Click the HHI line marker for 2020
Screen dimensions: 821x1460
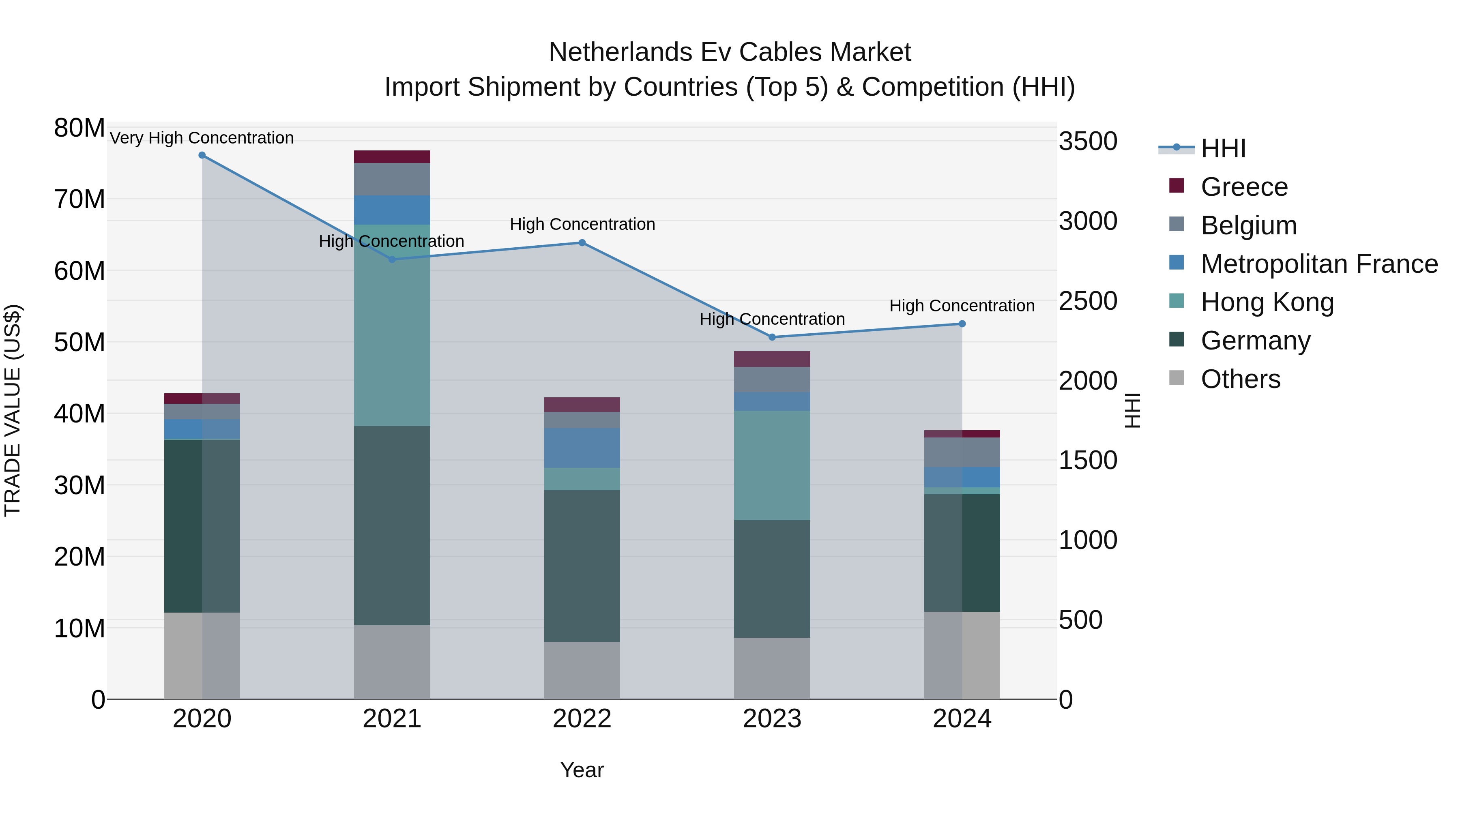(x=202, y=155)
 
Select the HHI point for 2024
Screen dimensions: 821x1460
(x=962, y=324)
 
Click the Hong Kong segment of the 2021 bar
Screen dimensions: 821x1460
(x=392, y=326)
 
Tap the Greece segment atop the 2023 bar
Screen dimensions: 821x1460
(x=771, y=359)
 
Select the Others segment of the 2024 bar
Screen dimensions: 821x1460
(x=962, y=655)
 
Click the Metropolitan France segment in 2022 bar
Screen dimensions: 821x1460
(x=582, y=448)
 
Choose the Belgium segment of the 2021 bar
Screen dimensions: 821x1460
(x=392, y=179)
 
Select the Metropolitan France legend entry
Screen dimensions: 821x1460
(x=1318, y=264)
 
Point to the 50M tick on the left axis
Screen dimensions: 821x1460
(x=79, y=342)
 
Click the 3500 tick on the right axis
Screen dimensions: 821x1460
(x=1088, y=141)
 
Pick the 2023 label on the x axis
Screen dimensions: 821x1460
(x=771, y=719)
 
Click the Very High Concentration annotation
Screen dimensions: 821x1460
(x=202, y=138)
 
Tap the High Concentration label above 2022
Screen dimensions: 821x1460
(x=582, y=224)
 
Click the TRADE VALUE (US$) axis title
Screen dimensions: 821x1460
(x=13, y=410)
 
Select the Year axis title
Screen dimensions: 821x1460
(x=582, y=770)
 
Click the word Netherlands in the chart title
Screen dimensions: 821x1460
(x=620, y=52)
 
